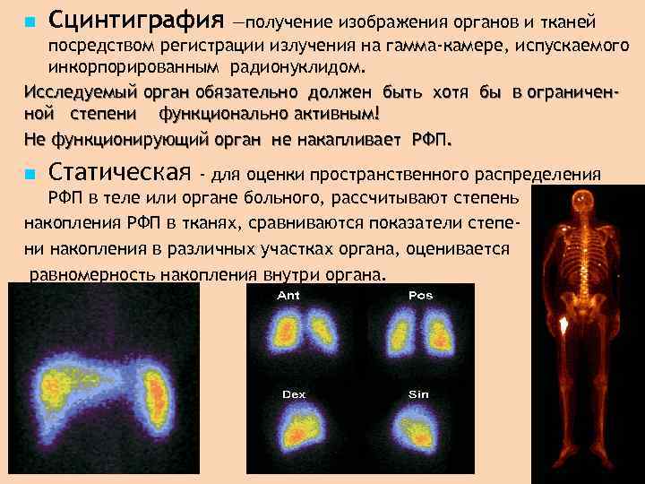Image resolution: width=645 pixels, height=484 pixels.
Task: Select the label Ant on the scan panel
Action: tap(289, 295)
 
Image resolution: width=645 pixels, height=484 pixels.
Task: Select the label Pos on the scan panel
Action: tap(419, 295)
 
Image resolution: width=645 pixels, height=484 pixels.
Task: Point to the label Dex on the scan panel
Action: tap(293, 393)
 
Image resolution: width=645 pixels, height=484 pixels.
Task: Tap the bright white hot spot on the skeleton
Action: tap(564, 319)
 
